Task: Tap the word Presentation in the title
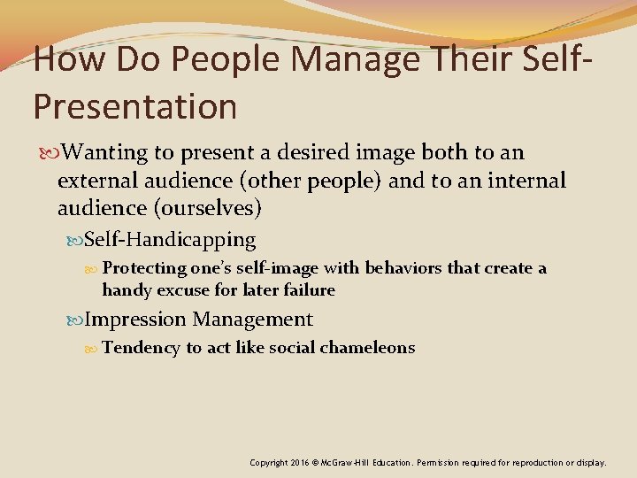[x=135, y=106]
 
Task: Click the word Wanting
[x=107, y=152]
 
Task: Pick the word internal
[x=525, y=181]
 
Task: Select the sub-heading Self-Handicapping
[x=170, y=239]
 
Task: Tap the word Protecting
[x=144, y=268]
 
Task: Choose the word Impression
[x=135, y=319]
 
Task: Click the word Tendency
[x=142, y=347]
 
